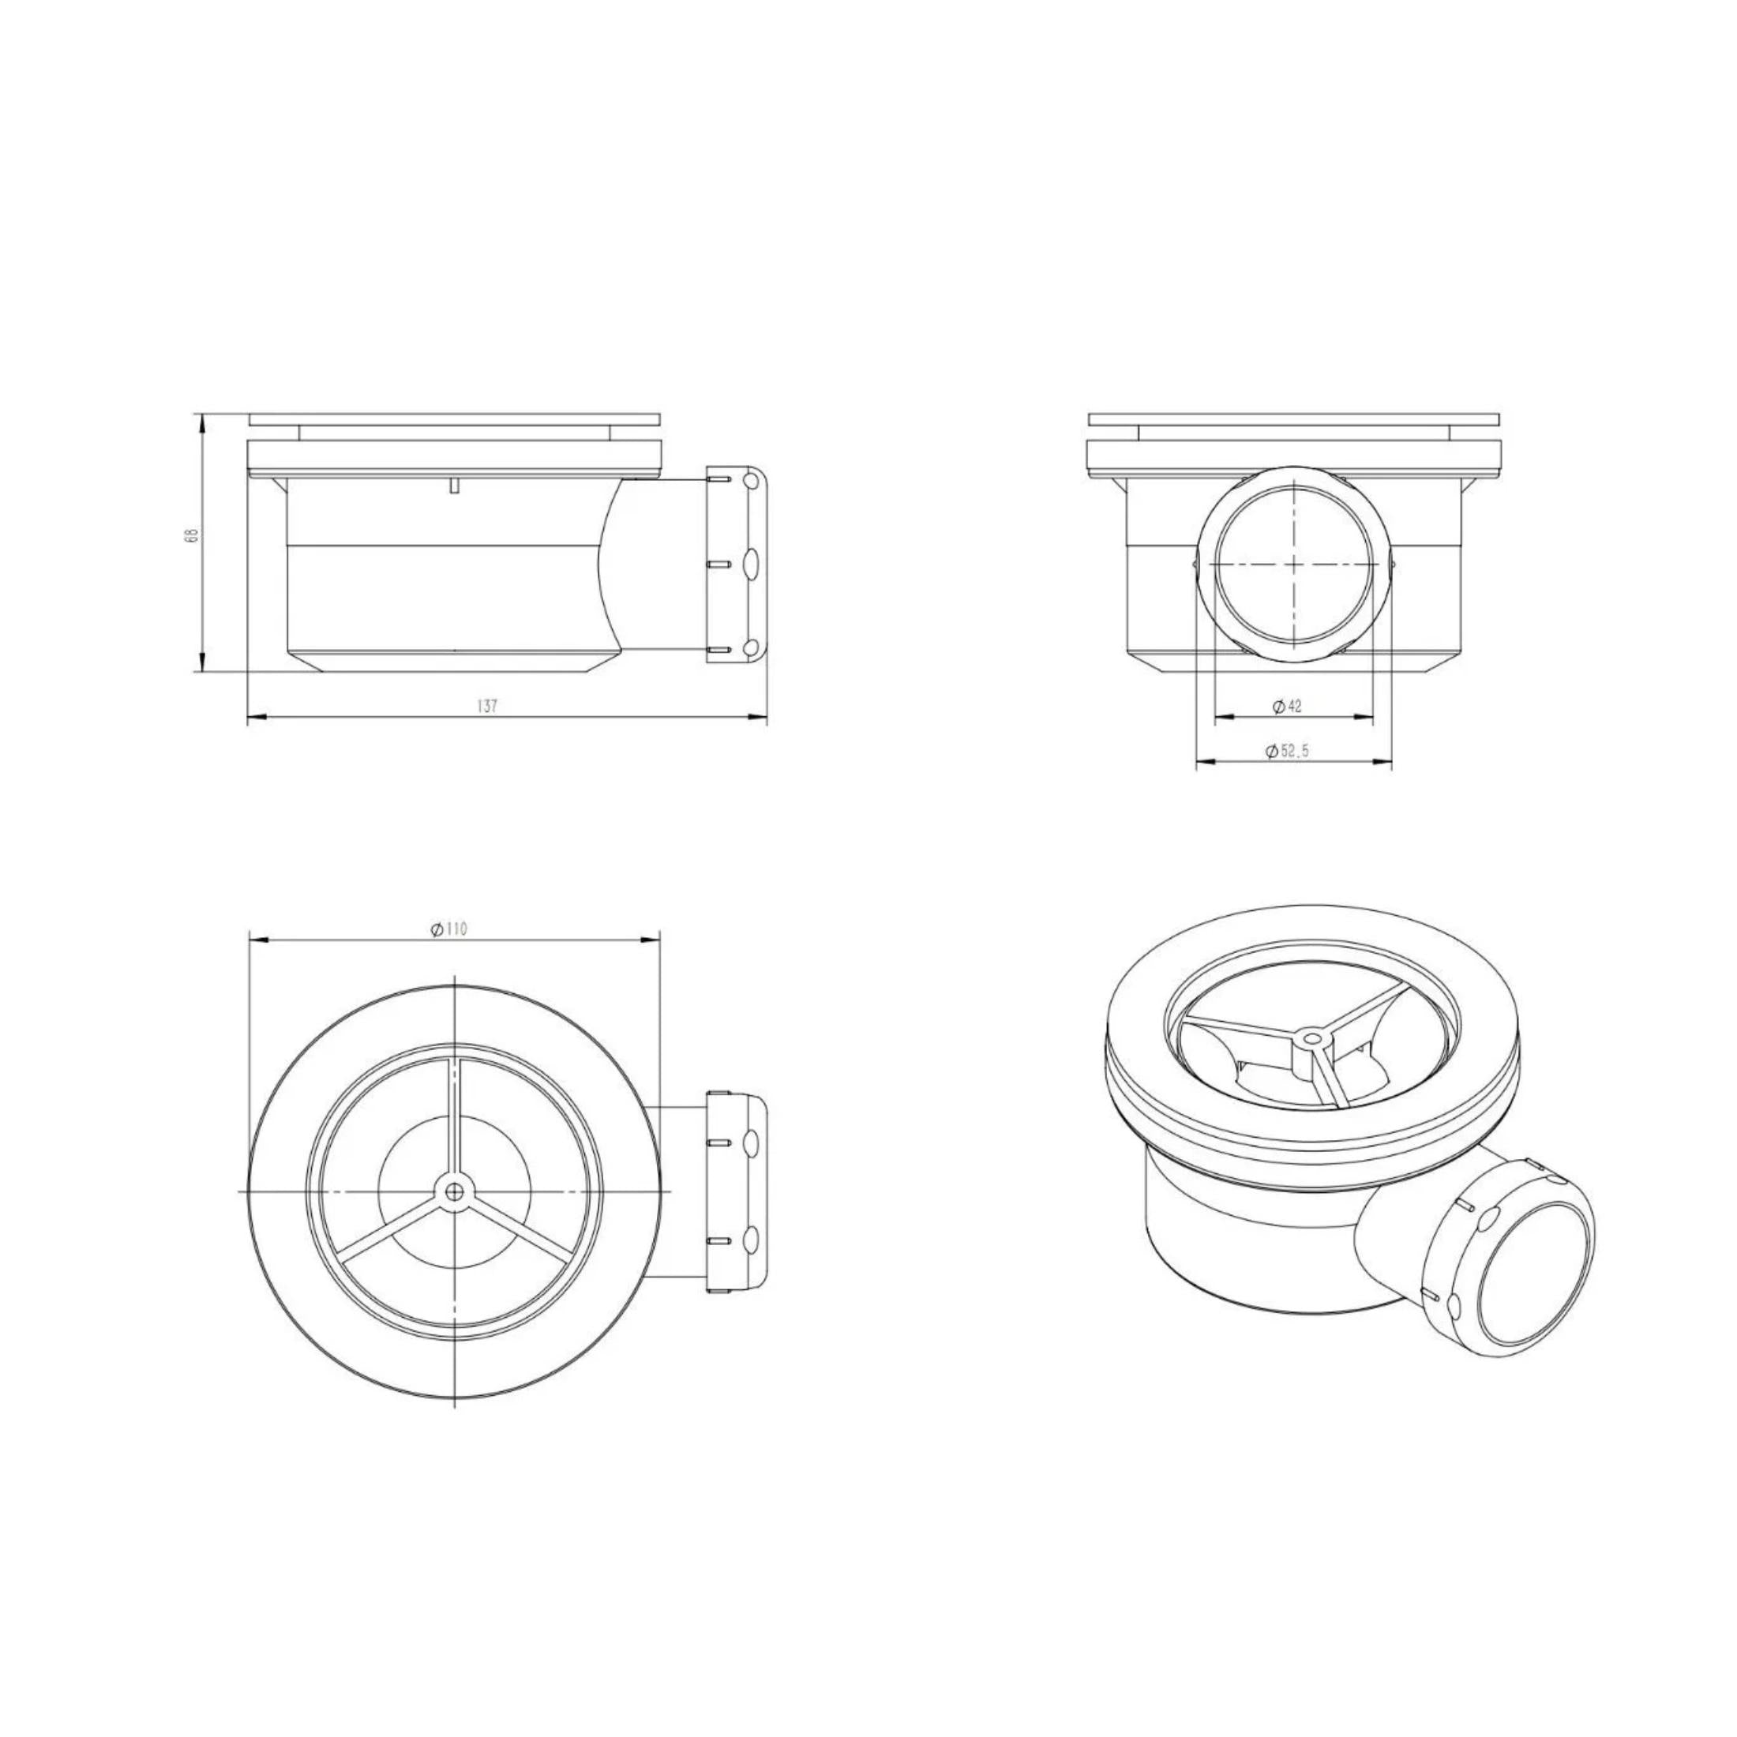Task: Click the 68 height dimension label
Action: click(x=189, y=536)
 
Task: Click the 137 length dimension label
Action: click(x=487, y=707)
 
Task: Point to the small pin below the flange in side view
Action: click(x=455, y=486)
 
